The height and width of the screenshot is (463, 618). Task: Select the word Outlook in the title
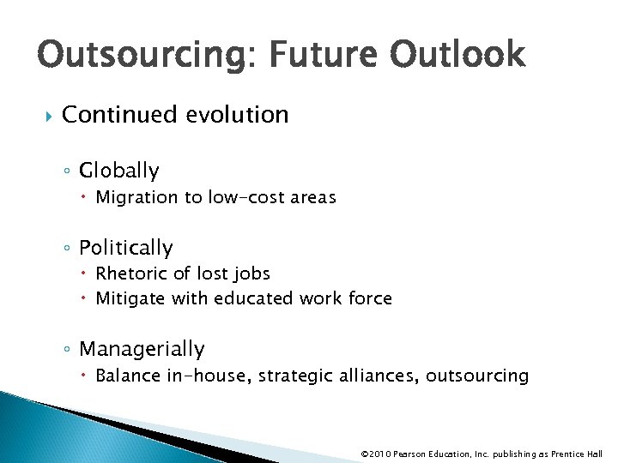pos(457,56)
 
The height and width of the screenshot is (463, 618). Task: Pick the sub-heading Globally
pos(118,171)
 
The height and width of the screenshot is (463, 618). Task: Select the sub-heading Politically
pos(125,248)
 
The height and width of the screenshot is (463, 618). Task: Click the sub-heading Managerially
pos(142,349)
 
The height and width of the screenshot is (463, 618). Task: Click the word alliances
pos(374,376)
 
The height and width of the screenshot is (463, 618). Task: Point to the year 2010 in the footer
pos(382,454)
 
